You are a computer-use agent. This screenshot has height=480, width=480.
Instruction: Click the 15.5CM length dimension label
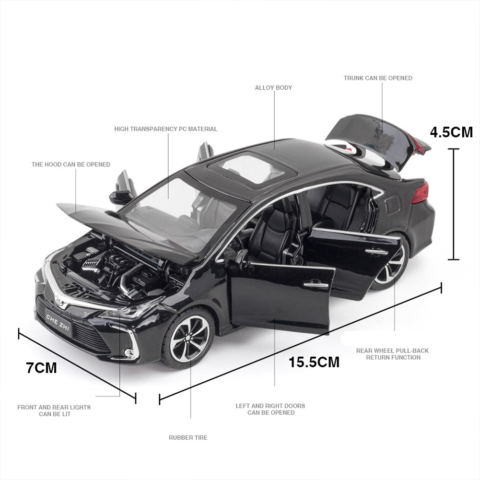[x=314, y=362]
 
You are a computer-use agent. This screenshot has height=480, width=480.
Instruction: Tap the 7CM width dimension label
[x=41, y=367]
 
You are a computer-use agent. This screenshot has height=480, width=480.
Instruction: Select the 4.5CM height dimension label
[x=451, y=132]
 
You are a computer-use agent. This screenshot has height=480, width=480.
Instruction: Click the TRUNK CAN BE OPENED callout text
[x=378, y=78]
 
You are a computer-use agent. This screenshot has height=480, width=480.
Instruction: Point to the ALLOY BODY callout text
[x=273, y=88]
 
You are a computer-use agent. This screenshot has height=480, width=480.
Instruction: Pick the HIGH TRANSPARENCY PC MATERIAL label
[x=165, y=129]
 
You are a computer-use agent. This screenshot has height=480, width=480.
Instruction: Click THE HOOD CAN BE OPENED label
[x=70, y=164]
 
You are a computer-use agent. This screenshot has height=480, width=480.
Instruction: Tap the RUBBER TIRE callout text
[x=188, y=437]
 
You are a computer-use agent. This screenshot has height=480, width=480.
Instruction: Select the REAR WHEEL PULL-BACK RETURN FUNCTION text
[x=392, y=354]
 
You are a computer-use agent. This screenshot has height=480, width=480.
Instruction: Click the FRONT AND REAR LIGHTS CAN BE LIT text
[x=54, y=410]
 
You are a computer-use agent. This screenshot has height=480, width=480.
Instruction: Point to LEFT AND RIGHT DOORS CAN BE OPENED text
[x=270, y=409]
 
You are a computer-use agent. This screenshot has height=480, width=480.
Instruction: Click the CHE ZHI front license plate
[x=58, y=323]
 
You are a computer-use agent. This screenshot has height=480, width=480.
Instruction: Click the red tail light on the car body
[x=421, y=192]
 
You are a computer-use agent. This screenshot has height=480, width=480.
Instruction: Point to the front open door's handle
[x=316, y=284]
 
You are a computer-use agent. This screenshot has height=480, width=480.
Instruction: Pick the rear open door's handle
[x=376, y=251]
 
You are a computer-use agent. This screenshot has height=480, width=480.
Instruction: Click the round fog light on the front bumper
[x=129, y=353]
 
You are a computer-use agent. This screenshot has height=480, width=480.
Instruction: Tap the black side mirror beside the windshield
[x=121, y=197]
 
